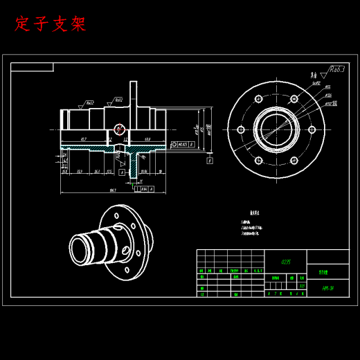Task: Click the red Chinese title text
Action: [51, 24]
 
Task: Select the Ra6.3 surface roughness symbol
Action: [337, 70]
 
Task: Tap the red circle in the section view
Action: [119, 128]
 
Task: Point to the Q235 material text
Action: [286, 262]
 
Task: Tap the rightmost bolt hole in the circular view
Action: [312, 129]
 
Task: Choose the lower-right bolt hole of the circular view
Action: [294, 160]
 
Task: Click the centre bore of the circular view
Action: [276, 129]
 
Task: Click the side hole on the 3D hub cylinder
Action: [127, 247]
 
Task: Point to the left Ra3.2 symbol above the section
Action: [88, 103]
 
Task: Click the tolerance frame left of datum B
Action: [183, 145]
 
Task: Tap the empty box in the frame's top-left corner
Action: [32, 67]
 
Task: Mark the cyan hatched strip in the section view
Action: [90, 148]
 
